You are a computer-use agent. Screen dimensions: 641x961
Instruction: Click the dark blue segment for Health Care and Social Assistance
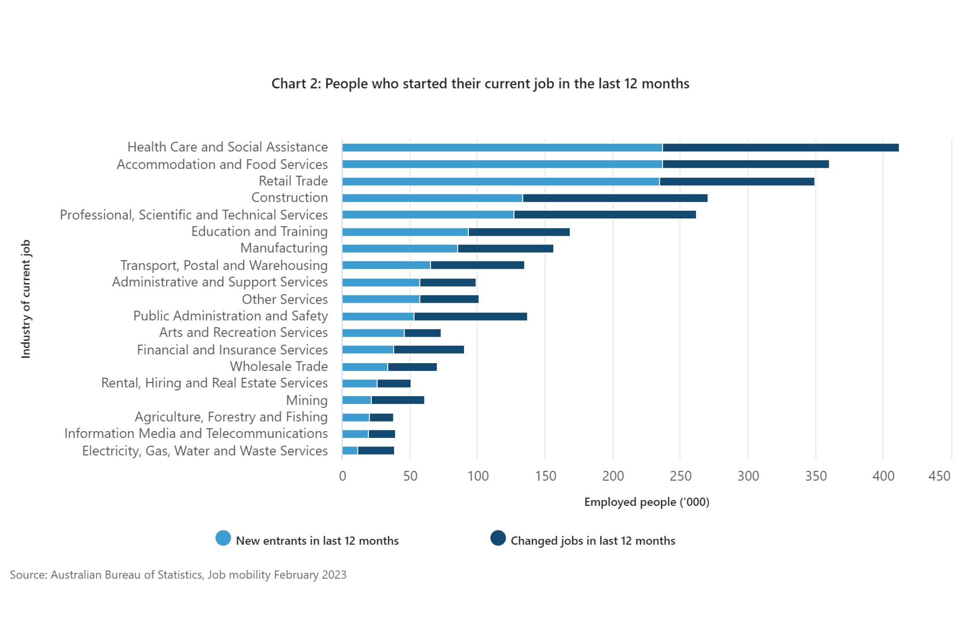point(780,147)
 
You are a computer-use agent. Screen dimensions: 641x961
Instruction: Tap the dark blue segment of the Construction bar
point(615,198)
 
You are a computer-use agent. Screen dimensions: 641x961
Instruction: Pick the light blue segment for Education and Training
point(405,232)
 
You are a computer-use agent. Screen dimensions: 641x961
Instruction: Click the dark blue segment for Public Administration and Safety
point(470,316)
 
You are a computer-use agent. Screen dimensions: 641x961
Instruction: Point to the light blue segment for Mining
point(357,400)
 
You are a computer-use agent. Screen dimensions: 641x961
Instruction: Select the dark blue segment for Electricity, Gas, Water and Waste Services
point(376,451)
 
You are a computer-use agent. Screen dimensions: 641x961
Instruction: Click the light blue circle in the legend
point(223,538)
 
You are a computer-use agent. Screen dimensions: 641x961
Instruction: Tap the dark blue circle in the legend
point(497,538)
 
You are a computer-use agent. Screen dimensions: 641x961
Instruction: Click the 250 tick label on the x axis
point(680,476)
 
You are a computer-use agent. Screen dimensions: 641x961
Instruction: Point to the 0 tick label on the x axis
point(343,476)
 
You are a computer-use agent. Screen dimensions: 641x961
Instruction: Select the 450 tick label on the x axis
point(939,476)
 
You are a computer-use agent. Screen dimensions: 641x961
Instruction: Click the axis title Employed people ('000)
point(647,502)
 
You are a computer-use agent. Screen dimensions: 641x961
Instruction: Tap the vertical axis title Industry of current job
point(26,299)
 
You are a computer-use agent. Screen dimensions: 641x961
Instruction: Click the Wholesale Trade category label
point(279,366)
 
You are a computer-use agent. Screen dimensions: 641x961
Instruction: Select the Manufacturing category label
point(284,248)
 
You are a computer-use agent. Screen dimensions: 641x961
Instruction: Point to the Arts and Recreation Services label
point(243,332)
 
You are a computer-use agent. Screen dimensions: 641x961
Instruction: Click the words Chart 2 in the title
point(295,84)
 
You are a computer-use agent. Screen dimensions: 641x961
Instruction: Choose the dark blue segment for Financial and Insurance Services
point(429,350)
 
